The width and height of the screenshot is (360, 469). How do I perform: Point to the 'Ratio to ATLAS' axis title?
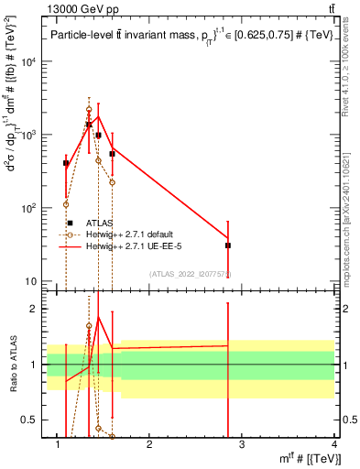(x=14, y=365)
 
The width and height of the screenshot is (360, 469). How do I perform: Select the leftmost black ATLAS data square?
(x=66, y=163)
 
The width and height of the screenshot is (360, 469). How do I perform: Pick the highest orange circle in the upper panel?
(x=89, y=109)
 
